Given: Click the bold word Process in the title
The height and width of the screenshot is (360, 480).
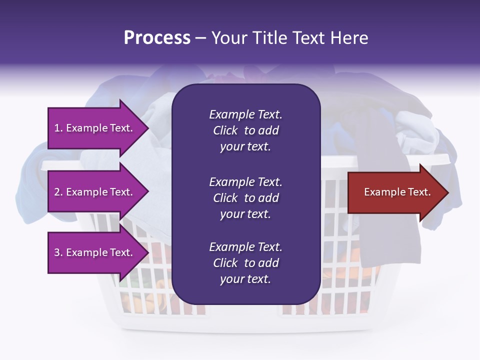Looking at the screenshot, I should point(157,38).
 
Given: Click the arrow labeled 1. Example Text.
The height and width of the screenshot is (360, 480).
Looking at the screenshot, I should point(95,128).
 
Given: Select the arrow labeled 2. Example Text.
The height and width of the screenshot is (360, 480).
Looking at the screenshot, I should point(95,192).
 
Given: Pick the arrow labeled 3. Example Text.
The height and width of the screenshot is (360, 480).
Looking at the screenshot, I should point(95,252).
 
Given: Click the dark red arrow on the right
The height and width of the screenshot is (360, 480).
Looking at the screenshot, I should point(395,192).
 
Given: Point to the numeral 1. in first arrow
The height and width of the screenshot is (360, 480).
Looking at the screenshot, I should point(58,128).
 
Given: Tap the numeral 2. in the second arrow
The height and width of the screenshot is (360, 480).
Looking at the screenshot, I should point(58,192).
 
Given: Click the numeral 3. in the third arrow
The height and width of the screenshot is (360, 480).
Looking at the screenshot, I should point(58,252).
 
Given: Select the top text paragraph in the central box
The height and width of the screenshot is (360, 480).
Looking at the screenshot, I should point(245,130).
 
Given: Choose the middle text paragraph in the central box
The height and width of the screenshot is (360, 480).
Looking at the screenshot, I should point(245,198).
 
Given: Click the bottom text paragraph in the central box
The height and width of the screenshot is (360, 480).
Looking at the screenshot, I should point(245,263).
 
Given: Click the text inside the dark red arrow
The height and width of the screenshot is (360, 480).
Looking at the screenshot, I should point(397,192).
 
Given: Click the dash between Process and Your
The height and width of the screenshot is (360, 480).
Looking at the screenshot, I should point(200,38).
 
